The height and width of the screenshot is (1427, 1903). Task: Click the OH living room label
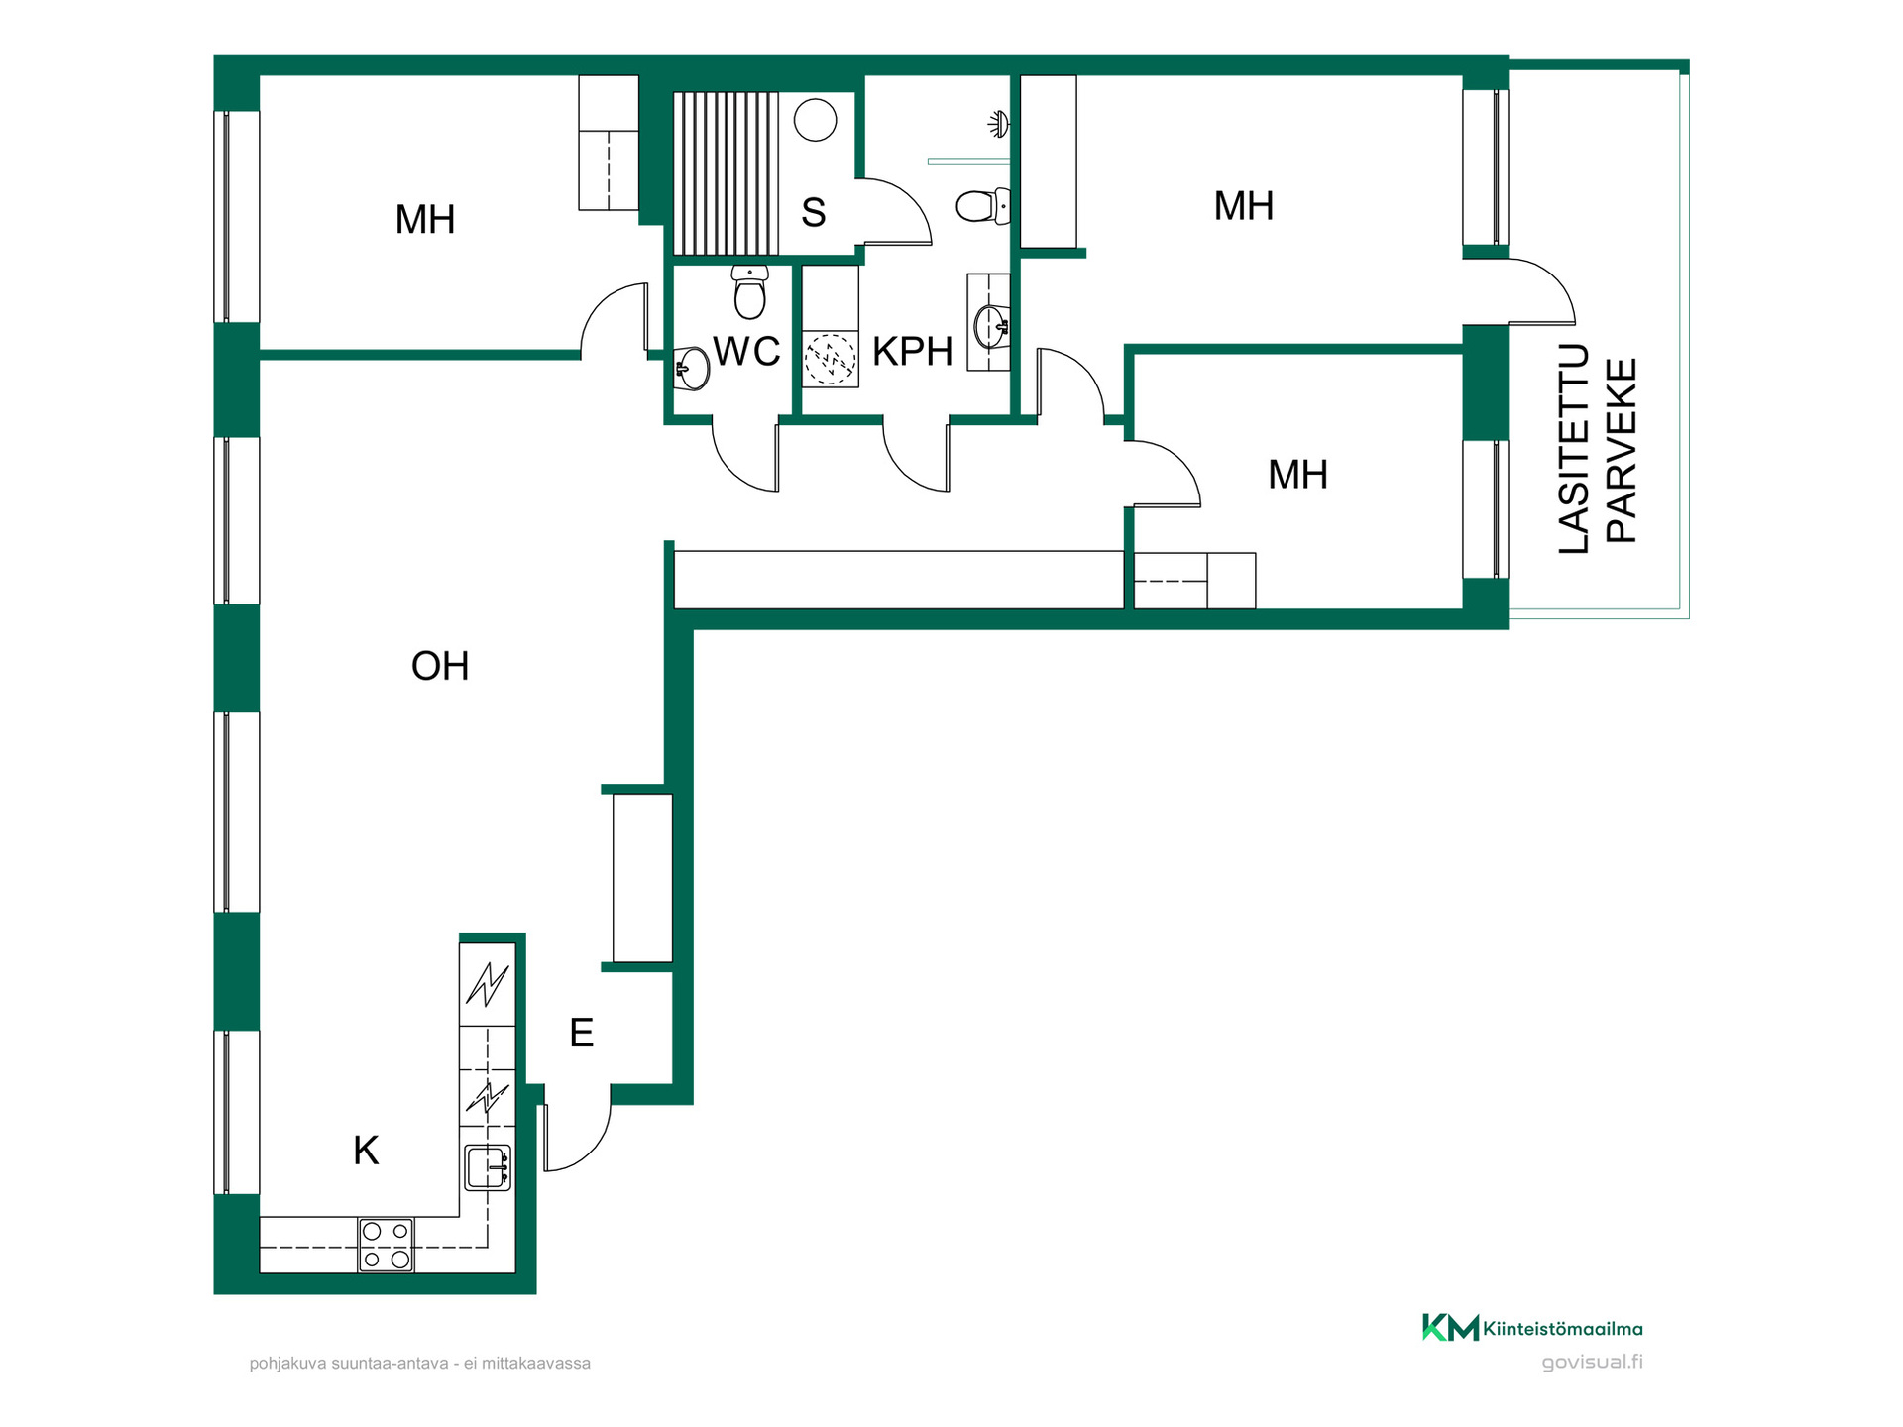click(x=440, y=666)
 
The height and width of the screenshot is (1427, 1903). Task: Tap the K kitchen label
click(x=366, y=1151)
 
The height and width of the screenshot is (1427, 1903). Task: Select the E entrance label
click(x=582, y=1033)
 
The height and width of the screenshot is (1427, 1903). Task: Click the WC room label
click(x=746, y=351)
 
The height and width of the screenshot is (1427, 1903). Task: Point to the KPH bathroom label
click(x=912, y=351)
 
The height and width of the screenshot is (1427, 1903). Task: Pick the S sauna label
click(x=814, y=212)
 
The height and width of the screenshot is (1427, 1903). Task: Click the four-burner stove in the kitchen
click(x=386, y=1245)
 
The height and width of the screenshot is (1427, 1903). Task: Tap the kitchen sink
click(x=488, y=1167)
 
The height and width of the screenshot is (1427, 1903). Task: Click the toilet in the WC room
click(x=750, y=291)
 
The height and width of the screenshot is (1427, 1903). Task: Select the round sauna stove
click(x=815, y=120)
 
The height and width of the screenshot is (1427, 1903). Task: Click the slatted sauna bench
click(x=726, y=173)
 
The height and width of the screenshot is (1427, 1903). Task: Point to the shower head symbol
click(x=999, y=124)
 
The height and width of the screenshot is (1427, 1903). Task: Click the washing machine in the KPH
click(x=830, y=359)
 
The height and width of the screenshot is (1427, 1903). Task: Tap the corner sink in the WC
click(x=692, y=369)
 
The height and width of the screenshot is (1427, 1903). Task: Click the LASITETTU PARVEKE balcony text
click(x=1597, y=449)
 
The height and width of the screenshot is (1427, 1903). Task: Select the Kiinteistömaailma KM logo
click(x=1532, y=1328)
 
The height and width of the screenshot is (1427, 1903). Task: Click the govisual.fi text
click(x=1592, y=1362)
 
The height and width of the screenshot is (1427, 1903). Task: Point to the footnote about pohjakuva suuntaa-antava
click(x=420, y=1364)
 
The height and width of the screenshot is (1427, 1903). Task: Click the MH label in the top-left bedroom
click(x=425, y=220)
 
